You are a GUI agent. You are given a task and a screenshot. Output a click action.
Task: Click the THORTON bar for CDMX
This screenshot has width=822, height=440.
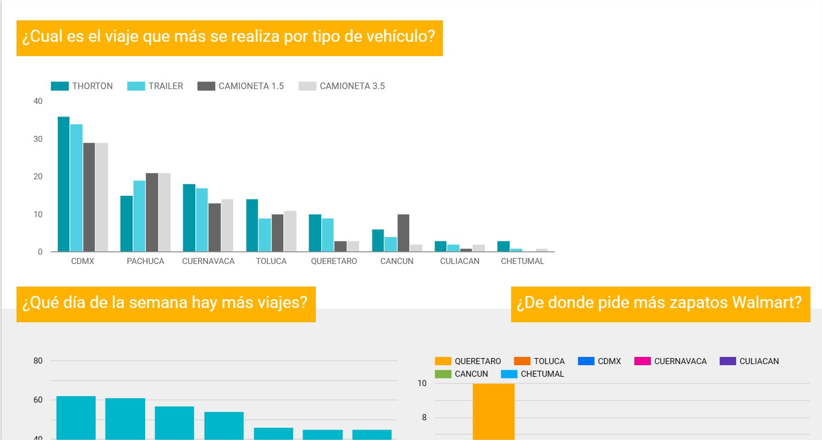pos(64,184)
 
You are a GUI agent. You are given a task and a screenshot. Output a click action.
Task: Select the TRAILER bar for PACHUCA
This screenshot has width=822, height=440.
pos(139,216)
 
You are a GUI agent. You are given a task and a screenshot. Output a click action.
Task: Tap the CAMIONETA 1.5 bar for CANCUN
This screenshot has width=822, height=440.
pos(403,233)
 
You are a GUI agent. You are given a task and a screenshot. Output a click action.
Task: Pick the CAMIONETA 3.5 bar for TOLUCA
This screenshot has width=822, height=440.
pos(290,231)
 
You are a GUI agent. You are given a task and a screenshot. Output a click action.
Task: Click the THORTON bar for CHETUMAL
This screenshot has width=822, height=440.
pos(502,246)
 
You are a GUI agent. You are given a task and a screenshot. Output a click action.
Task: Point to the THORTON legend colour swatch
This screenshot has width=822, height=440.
pos(60,86)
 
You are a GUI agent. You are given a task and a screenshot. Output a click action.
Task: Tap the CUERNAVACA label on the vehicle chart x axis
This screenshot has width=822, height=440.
pos(209,261)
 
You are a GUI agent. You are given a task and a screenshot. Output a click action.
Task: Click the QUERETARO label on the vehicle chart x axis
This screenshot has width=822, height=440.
pos(334,261)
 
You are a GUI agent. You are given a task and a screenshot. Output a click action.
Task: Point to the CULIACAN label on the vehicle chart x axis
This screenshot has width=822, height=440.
pos(459,261)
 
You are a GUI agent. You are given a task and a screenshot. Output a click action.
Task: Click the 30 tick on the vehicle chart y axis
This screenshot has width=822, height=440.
pos(38,139)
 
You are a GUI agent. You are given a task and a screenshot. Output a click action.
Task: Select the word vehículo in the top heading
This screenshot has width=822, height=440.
pos(402,38)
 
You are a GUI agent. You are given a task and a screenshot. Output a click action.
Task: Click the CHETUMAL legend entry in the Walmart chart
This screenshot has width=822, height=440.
pos(542,374)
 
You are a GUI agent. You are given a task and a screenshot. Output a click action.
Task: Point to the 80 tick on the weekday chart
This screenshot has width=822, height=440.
pos(38,361)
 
